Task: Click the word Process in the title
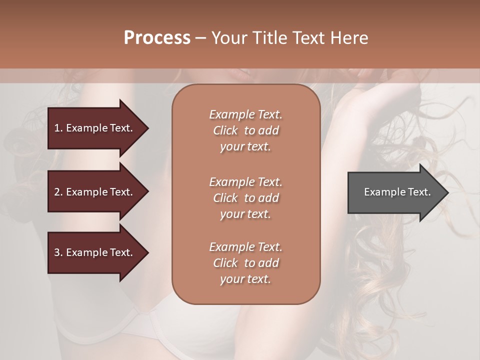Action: click(x=157, y=38)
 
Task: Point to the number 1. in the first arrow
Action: click(x=58, y=128)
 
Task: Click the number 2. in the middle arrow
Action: click(x=58, y=192)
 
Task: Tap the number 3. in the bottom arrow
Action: click(x=58, y=252)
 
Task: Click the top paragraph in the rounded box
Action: click(x=245, y=130)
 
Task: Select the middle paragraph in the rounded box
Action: click(x=245, y=198)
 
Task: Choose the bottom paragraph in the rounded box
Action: click(x=245, y=263)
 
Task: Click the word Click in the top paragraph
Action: click(x=225, y=131)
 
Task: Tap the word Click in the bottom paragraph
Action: click(x=225, y=263)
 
